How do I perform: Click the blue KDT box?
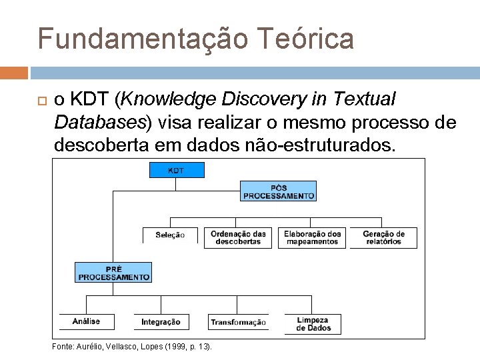[x=176, y=170]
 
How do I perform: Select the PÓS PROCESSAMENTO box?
[x=278, y=191]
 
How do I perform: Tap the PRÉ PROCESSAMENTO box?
[x=113, y=272]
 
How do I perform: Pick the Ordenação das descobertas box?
[x=238, y=237]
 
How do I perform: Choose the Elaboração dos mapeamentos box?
[x=312, y=237]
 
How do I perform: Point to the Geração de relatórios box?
[x=383, y=237]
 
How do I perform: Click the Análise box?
[x=87, y=321]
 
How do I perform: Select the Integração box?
[x=161, y=322]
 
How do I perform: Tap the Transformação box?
[x=238, y=322]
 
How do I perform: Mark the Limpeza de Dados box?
[x=313, y=324]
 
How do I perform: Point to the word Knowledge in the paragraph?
[x=170, y=100]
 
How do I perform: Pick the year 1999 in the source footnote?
[x=163, y=347]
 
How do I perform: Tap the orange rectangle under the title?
[x=14, y=73]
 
